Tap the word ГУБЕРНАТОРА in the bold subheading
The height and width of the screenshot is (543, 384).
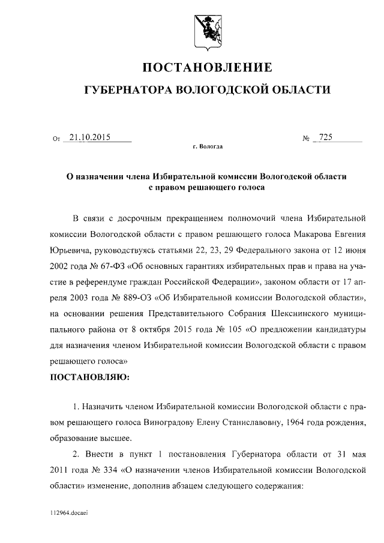(127, 91)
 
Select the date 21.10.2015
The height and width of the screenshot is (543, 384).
(89, 137)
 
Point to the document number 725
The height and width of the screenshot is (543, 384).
(326, 137)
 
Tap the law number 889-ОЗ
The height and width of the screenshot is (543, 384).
(119, 297)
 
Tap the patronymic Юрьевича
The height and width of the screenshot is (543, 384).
(70, 248)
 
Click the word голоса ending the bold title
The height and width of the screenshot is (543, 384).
(247, 187)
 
